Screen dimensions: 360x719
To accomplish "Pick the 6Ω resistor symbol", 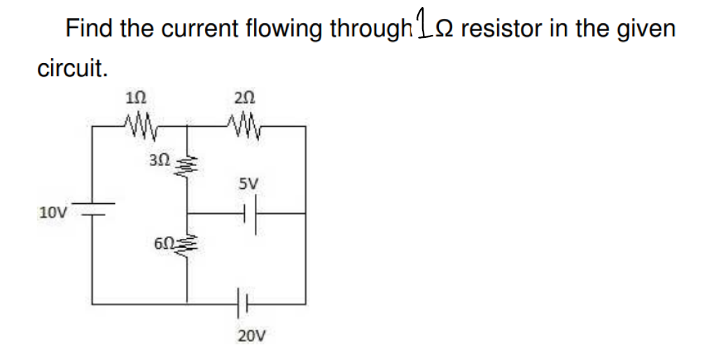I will tap(186, 247).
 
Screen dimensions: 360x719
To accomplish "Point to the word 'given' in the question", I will tap(645, 29).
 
